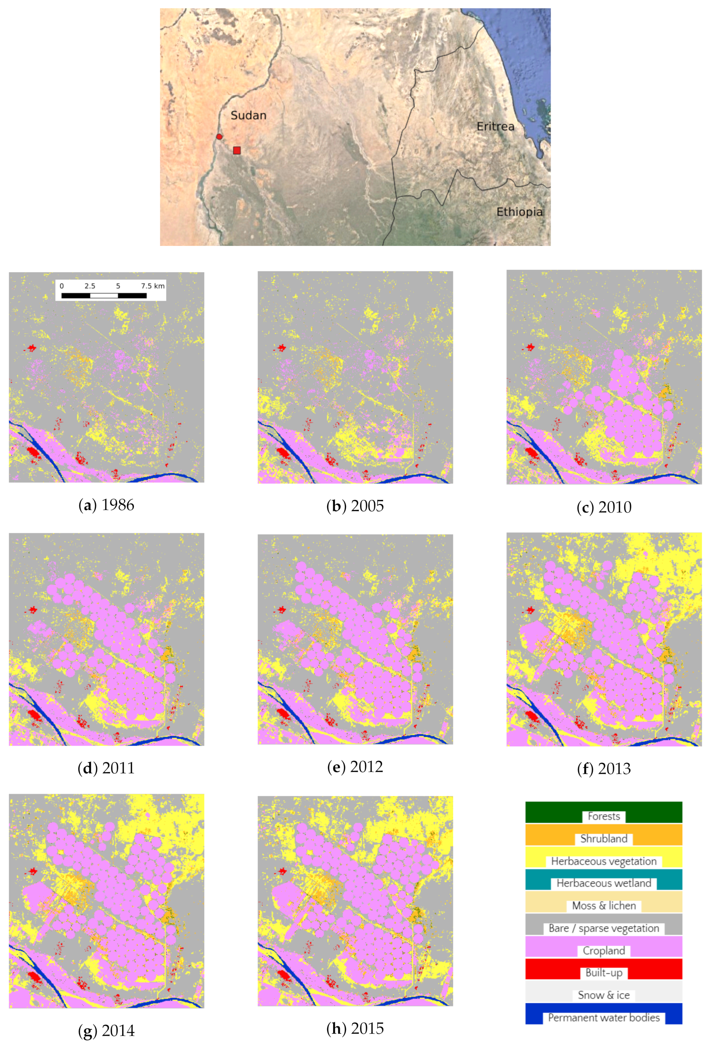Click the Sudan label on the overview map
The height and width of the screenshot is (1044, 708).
[248, 116]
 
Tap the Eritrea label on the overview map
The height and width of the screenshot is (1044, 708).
[495, 126]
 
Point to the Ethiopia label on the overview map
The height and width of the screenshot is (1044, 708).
[519, 211]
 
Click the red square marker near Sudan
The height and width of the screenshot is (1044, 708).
[237, 150]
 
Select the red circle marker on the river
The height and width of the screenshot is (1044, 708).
[219, 137]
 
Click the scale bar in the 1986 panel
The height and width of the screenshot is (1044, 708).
[104, 296]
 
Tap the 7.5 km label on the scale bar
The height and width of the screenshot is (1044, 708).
[153, 286]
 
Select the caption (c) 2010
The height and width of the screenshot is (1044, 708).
[604, 507]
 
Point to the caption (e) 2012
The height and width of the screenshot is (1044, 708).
[355, 766]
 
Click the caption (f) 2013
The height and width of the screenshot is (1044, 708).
[604, 769]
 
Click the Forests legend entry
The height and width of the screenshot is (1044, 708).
[604, 816]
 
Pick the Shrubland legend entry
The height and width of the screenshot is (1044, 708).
[604, 839]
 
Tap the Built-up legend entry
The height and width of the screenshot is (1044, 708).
[604, 973]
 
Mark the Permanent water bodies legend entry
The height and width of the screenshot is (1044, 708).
[604, 1017]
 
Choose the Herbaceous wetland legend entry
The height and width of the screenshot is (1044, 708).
[604, 883]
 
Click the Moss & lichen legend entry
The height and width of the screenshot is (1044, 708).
[604, 906]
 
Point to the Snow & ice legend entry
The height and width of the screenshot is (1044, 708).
[604, 995]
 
